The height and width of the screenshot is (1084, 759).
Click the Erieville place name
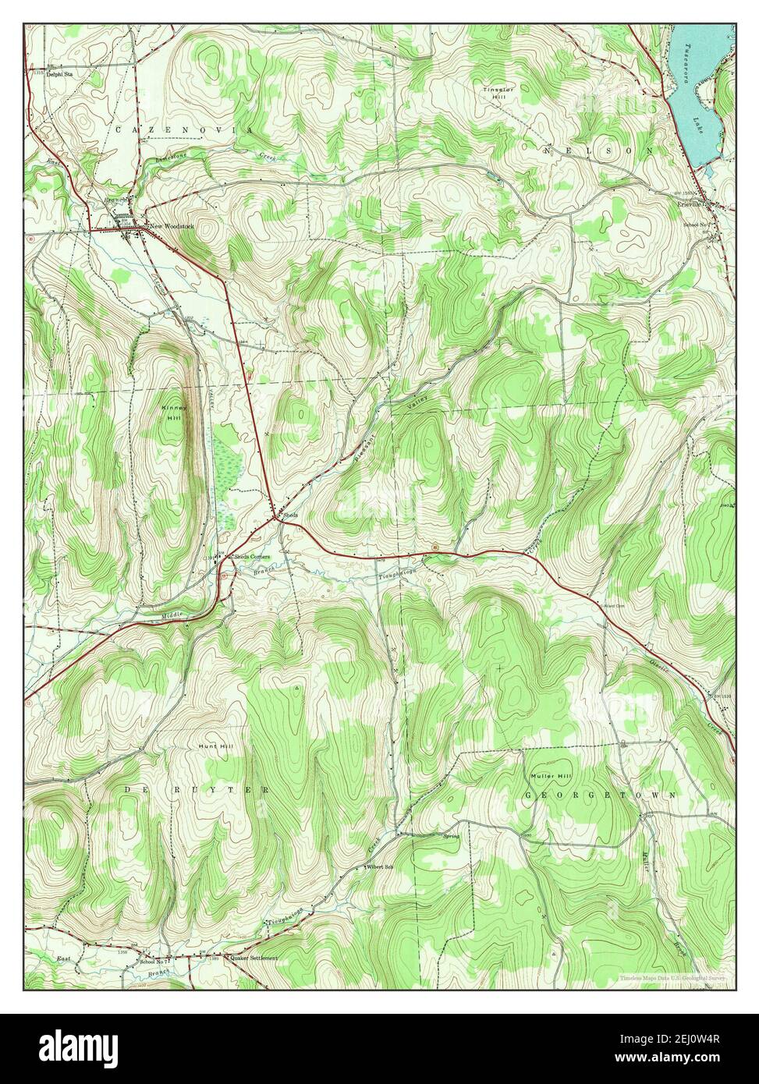point(688,204)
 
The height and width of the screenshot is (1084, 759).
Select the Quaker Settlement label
point(253,957)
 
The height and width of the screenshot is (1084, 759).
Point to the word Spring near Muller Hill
point(451,836)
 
